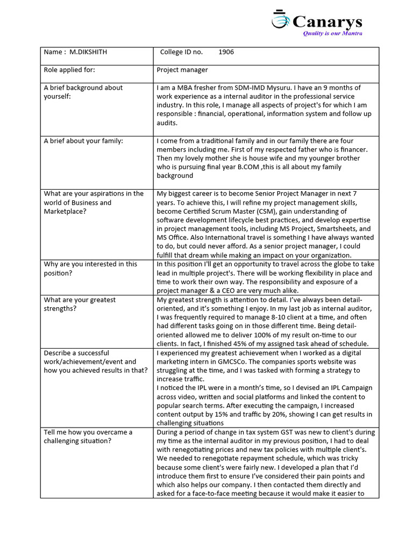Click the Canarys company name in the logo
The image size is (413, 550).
[327, 22]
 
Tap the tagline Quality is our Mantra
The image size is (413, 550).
[333, 33]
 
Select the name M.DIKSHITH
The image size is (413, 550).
[89, 52]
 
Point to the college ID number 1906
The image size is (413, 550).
[226, 52]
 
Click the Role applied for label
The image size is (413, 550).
[69, 70]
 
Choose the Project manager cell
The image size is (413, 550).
[182, 70]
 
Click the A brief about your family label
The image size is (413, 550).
[83, 141]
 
